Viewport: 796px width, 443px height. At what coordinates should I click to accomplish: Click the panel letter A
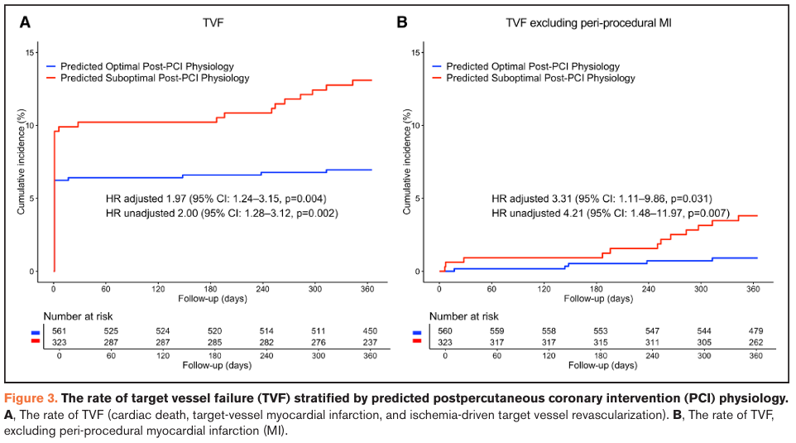pos(26,22)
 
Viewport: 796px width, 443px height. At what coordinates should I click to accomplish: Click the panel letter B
pos(402,22)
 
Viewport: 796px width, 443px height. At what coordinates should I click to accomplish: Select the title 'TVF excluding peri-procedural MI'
pos(588,23)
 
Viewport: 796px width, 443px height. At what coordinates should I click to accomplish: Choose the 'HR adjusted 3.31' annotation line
pos(602,199)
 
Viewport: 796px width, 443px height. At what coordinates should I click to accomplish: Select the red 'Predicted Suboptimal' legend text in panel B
pos(540,78)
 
